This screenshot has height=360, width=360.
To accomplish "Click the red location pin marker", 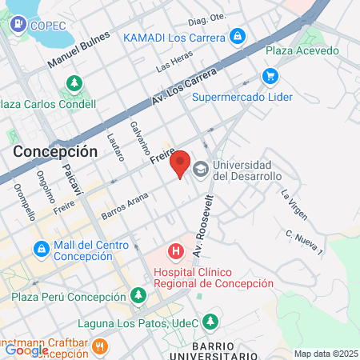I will (181, 163).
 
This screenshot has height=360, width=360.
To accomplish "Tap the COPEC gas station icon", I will (17, 25).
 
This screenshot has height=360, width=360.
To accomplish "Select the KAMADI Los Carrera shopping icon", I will (237, 37).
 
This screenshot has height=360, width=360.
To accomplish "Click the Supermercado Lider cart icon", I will (270, 77).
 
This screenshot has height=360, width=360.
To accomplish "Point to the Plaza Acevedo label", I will (302, 51).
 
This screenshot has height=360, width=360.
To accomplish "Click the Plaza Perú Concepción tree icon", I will (139, 296).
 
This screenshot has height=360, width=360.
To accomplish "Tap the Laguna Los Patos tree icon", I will (210, 322).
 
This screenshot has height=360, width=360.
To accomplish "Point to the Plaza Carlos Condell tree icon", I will (74, 83).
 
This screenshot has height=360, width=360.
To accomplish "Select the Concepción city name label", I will (55, 151).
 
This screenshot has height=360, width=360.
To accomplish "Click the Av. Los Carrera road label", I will (184, 88).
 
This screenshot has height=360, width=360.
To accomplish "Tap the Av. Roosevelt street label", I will (205, 220).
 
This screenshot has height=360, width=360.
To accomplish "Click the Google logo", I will (26, 350).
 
